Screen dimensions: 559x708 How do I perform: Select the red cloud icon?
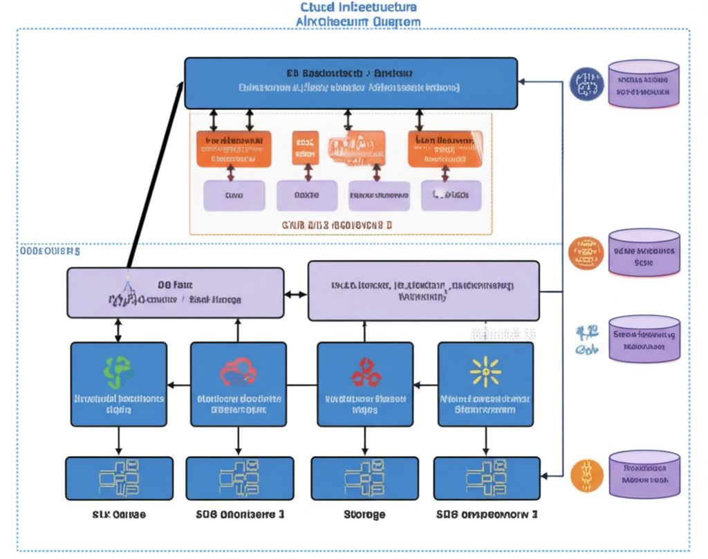238,372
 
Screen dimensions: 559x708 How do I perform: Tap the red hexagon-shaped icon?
365,372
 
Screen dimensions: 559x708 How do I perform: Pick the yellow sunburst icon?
485,372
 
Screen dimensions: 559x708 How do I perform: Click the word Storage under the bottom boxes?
364,515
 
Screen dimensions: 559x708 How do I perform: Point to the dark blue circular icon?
586,84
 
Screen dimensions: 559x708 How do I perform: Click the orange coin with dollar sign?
586,475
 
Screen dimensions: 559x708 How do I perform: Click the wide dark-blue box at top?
351,83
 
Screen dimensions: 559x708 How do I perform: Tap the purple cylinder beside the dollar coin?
644,474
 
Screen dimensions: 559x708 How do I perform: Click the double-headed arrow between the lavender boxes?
295,295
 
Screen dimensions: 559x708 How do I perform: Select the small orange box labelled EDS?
305,148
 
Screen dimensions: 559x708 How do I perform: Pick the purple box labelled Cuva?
234,196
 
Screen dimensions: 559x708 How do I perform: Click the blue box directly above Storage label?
364,478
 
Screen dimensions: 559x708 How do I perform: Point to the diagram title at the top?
358,14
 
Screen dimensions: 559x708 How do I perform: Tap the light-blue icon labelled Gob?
586,340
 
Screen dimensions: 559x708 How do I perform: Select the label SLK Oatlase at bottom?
119,515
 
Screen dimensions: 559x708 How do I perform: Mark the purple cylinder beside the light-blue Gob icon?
644,340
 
